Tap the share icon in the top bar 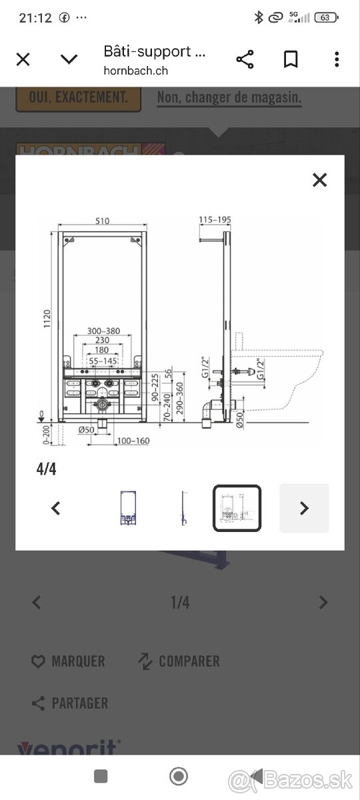[x=245, y=59]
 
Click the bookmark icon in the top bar [x=290, y=59]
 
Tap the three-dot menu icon [x=337, y=59]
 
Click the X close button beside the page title [x=23, y=59]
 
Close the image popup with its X [x=319, y=179]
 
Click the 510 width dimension [x=103, y=221]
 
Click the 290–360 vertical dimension [x=180, y=398]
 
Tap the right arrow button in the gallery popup [x=304, y=508]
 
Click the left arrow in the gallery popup [x=56, y=508]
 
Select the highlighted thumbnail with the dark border [x=237, y=508]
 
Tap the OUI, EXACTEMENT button [x=78, y=97]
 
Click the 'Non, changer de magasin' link [x=229, y=98]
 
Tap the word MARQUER [x=78, y=661]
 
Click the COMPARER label [x=189, y=661]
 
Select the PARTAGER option [x=79, y=703]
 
